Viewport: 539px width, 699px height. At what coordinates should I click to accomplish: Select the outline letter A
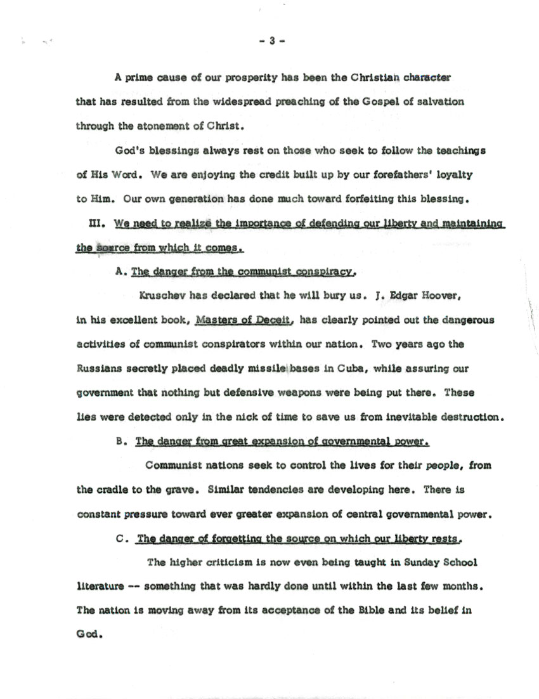120,271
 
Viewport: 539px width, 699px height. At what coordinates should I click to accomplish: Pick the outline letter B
120,441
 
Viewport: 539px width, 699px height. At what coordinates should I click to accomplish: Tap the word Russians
100,368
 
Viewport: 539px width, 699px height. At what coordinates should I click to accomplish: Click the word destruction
467,417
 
